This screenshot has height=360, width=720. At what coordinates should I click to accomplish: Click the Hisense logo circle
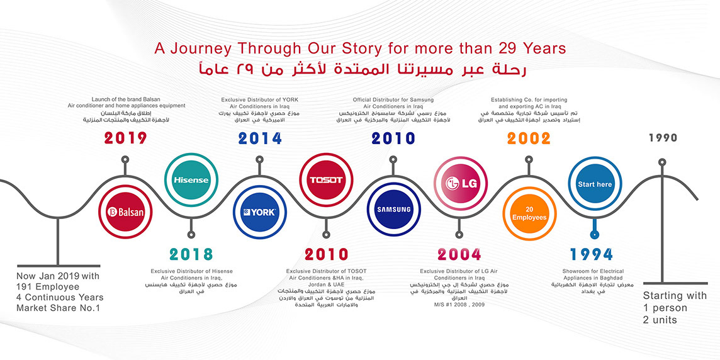click(x=191, y=179)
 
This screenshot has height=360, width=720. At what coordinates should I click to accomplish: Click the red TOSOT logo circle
click(x=326, y=179)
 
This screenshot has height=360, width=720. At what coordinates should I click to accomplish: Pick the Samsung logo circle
click(x=393, y=210)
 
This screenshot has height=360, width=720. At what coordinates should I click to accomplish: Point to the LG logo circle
click(x=461, y=184)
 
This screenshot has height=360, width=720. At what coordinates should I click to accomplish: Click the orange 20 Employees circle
click(x=529, y=213)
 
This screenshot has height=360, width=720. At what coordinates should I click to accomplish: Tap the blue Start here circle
click(x=595, y=184)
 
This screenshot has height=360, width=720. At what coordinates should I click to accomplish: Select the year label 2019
click(x=125, y=138)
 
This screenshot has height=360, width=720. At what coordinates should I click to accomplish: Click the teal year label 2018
click(x=191, y=254)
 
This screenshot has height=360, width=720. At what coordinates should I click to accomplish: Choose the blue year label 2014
click(x=260, y=138)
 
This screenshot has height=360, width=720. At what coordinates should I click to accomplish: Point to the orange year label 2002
click(x=529, y=138)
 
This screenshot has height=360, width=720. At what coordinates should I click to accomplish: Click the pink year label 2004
click(x=459, y=254)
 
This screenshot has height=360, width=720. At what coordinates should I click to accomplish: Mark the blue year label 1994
click(x=592, y=254)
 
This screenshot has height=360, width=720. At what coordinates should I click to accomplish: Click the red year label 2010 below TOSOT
click(x=326, y=254)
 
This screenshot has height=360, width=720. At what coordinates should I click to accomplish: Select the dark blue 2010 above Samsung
click(x=393, y=138)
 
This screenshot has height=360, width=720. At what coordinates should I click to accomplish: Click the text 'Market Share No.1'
click(x=58, y=308)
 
